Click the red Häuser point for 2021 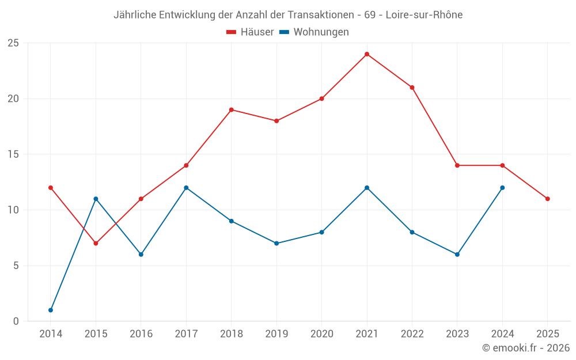pos(367,54)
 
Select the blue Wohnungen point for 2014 pos(51,310)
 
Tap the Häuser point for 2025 pos(547,199)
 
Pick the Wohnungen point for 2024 pos(502,188)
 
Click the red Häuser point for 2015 pos(96,243)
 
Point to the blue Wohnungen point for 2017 pos(186,188)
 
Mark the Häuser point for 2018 pos(231,109)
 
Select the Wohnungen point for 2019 pos(276,243)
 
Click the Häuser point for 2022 pos(412,88)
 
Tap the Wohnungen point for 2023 pos(457,254)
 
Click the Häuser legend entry pos(250,32)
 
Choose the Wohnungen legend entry pos(314,32)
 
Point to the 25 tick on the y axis pos(13,43)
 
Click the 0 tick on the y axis pos(16,321)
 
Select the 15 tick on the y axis pos(13,154)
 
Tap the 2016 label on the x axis pos(141,334)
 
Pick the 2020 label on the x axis pos(321,334)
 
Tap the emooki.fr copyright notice pos(526,348)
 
